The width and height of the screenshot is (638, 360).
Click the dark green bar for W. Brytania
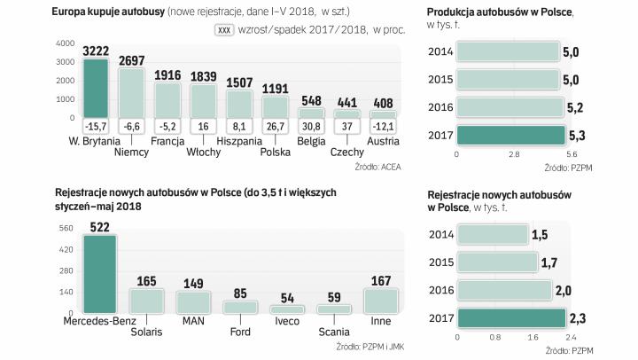[95, 86]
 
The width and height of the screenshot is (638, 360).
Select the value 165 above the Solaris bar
[147, 280]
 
